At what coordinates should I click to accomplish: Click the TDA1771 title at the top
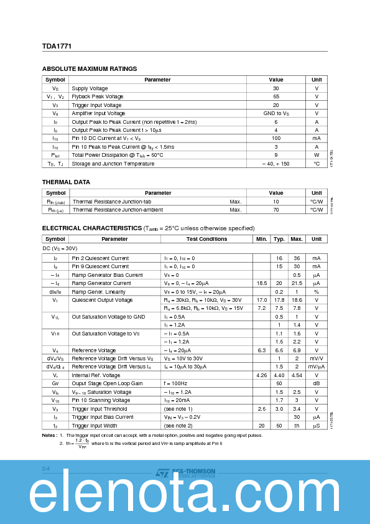pos(52,45)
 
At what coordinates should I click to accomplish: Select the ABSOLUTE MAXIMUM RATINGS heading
pos(89,68)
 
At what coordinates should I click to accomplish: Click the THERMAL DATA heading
pos(66,182)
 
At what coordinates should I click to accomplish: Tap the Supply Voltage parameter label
pos(90,88)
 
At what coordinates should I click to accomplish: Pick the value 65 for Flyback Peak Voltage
pos(276,96)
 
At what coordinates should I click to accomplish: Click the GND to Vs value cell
pos(276,113)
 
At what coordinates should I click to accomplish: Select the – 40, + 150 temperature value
pos(276,164)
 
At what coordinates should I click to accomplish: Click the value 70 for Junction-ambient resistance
pos(276,210)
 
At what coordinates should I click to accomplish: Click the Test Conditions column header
pos(206,239)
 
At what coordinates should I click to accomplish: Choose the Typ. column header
pos(279,239)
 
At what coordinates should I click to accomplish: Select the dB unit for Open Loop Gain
pos(317,384)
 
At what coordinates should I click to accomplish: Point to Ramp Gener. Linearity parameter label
pos(98,291)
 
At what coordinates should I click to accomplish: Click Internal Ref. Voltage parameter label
pos(96,375)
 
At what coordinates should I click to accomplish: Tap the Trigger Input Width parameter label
pos(95,426)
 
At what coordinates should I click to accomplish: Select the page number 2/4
pos(45,467)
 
